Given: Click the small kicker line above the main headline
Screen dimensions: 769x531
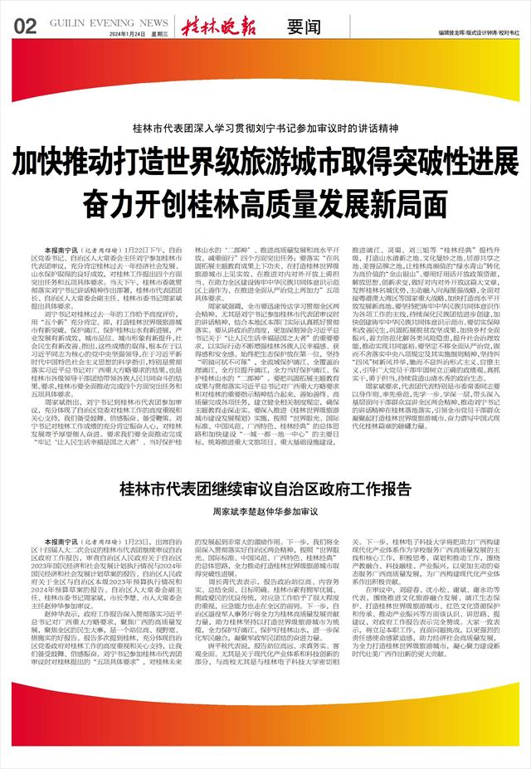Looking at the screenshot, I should pyautogui.click(x=265, y=129).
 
